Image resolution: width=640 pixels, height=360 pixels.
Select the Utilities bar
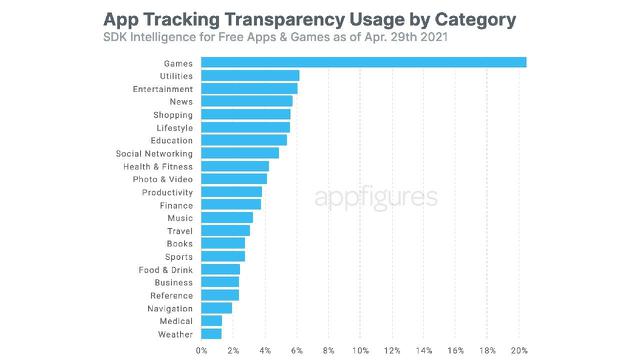(250, 76)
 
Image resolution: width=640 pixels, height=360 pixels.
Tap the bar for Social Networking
(240, 153)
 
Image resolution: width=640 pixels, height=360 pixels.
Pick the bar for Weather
(211, 333)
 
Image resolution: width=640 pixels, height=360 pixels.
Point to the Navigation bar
(216, 308)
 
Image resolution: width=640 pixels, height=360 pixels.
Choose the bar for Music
(227, 217)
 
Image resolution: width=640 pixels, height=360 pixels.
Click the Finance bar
(231, 204)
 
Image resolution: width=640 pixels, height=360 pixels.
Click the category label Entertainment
(163, 89)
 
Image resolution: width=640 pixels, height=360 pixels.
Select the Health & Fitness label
(158, 166)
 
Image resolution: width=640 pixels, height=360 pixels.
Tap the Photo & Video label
(162, 179)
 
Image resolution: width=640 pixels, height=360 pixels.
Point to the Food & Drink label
(165, 269)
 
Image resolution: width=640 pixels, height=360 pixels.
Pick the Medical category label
(176, 320)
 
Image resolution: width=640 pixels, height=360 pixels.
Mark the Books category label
(180, 243)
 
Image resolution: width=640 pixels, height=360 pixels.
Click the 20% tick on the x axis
(519, 350)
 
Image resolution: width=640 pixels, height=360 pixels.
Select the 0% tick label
(202, 350)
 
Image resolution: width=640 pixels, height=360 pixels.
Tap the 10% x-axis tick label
(360, 350)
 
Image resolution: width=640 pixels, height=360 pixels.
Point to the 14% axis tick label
(424, 350)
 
